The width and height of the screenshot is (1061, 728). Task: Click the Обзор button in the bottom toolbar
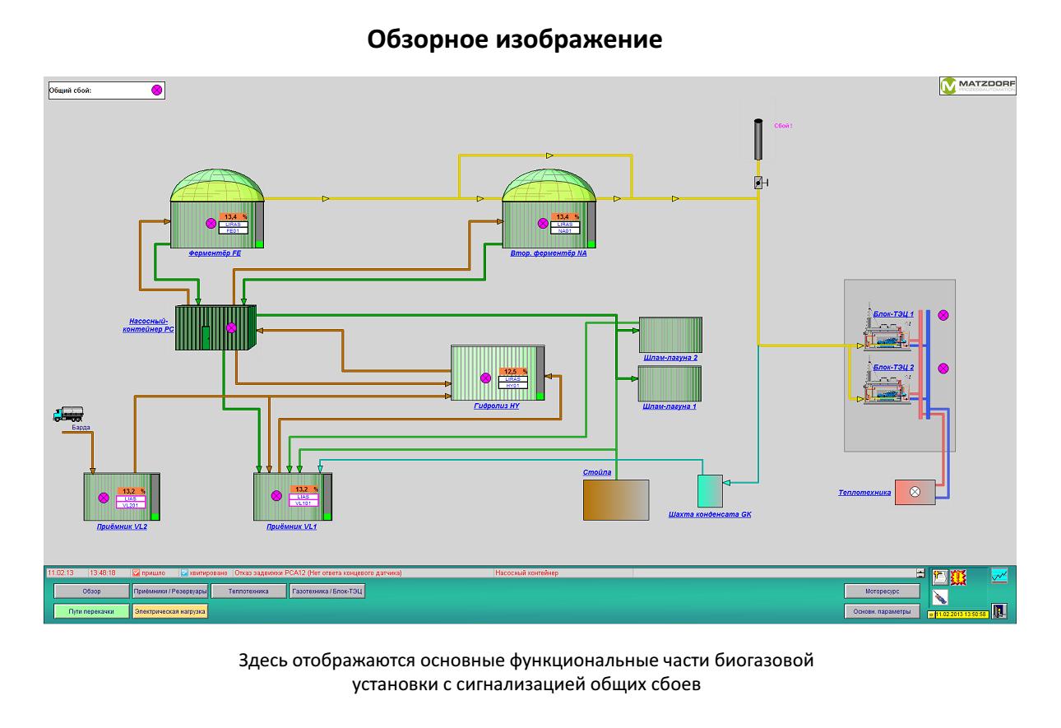click(x=90, y=591)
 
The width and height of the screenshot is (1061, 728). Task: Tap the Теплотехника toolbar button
click(x=248, y=591)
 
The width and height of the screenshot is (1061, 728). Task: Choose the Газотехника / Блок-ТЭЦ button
click(x=327, y=591)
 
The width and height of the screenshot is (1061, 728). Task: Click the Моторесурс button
click(x=881, y=591)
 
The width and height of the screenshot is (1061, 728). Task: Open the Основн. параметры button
click(x=881, y=611)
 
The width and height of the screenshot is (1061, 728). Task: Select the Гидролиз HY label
click(x=497, y=406)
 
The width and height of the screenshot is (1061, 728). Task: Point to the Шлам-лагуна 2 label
click(x=669, y=358)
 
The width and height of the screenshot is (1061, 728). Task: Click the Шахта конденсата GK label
click(x=711, y=515)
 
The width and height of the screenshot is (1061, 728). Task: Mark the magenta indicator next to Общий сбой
click(x=156, y=90)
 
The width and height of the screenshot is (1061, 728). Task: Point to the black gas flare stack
click(x=758, y=141)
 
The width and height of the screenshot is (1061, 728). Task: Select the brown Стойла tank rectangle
click(x=615, y=499)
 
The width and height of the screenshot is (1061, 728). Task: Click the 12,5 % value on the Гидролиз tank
click(x=514, y=372)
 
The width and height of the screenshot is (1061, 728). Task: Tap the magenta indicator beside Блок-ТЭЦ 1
click(x=943, y=315)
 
